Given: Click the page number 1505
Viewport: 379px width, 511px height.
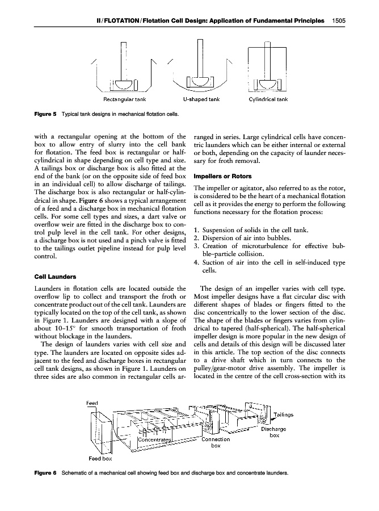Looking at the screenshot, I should pyautogui.click(x=339, y=21).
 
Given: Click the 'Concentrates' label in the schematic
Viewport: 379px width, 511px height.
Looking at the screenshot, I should pyautogui.click(x=154, y=424).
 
